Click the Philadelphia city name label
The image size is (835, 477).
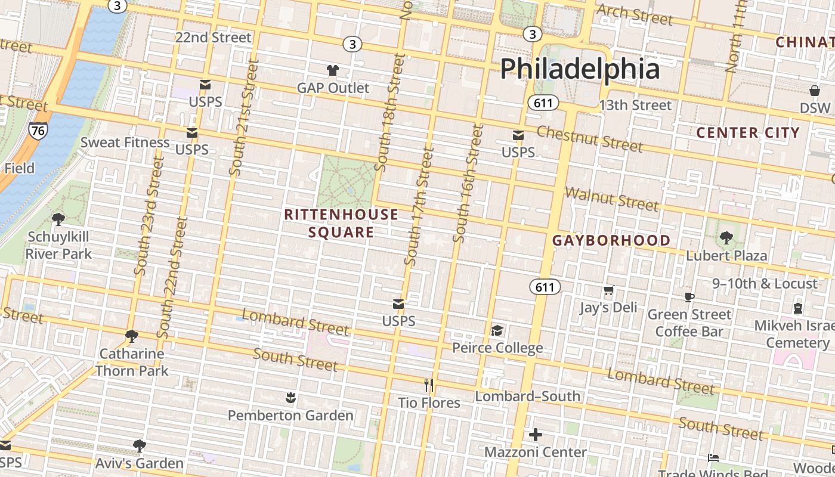[x=580, y=69]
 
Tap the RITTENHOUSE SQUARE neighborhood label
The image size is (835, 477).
[x=341, y=223]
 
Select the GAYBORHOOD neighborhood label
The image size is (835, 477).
[x=611, y=240]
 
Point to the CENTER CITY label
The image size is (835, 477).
[x=748, y=132]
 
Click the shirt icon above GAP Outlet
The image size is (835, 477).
[x=333, y=70]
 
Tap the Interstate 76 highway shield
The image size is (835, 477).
[x=38, y=132]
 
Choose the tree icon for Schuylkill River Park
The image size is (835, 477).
[x=58, y=219]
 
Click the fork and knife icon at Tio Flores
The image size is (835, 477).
[x=429, y=385]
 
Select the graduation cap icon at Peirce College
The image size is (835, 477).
[x=497, y=330]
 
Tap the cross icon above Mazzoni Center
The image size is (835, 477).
[x=536, y=435]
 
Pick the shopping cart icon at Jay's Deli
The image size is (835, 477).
[x=608, y=290]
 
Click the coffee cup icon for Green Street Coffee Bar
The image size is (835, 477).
[x=689, y=297]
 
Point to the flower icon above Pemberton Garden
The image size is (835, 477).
[x=290, y=398]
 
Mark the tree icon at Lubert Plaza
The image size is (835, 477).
[x=726, y=238]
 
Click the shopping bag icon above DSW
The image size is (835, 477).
[x=815, y=91]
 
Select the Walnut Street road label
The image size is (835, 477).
[x=611, y=199]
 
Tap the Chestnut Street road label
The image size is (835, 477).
[x=589, y=138]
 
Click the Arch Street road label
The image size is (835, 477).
[x=634, y=15]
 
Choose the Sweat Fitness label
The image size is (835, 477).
[x=125, y=142]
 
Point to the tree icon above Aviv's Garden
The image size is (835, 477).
[x=139, y=445]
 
